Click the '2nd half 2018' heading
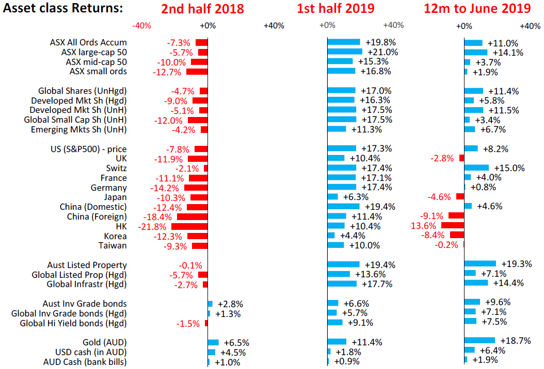202,9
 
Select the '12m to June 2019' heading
477,9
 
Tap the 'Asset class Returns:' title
63,9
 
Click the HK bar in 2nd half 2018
189,226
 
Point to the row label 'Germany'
108,188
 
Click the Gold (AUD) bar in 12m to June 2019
479,341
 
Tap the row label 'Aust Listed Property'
87,265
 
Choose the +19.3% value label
517,264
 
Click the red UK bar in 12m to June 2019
461,158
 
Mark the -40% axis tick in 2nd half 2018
141,26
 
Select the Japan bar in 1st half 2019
333,197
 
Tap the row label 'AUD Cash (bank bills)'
85,362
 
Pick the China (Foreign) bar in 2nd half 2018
192,216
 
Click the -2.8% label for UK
443,158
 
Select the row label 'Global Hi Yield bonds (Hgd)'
73,323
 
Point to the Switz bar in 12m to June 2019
476,168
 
